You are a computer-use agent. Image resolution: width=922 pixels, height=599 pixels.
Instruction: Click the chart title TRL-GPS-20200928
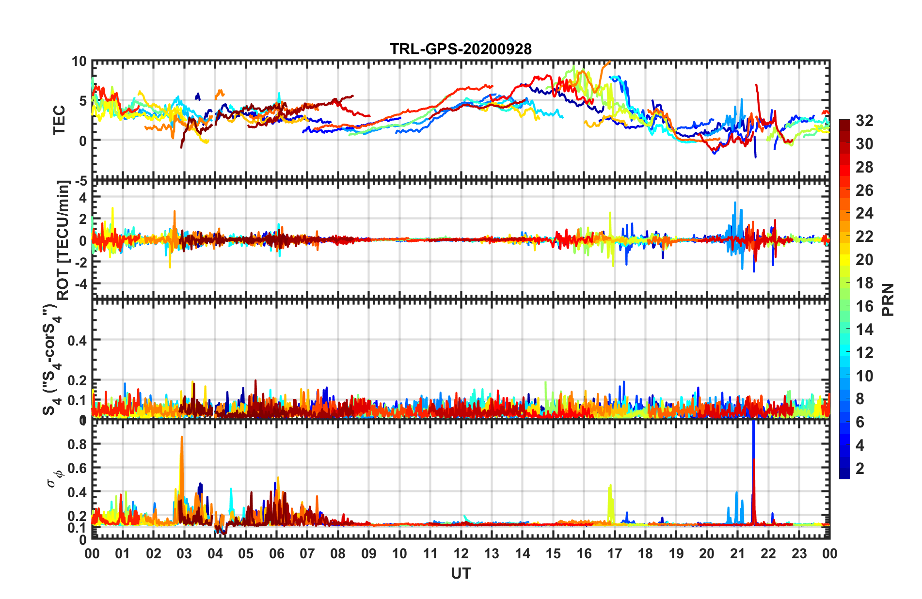pyautogui.click(x=461, y=49)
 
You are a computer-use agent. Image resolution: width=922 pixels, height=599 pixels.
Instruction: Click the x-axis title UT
pyautogui.click(x=461, y=574)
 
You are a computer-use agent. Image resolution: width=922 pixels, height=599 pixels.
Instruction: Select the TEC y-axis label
pyautogui.click(x=59, y=120)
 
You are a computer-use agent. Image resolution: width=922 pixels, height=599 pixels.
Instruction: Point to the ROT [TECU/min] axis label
pyautogui.click(x=64, y=240)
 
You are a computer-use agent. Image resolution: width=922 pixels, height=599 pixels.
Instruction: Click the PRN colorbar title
pyautogui.click(x=888, y=300)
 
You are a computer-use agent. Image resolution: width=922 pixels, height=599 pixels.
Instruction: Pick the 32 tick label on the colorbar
pyautogui.click(x=864, y=121)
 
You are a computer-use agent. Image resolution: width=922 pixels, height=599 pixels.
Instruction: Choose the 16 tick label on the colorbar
pyautogui.click(x=864, y=306)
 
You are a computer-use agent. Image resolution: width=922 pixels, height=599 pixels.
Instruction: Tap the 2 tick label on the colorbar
pyautogui.click(x=860, y=469)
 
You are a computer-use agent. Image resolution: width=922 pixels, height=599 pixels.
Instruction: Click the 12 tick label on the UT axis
pyautogui.click(x=461, y=554)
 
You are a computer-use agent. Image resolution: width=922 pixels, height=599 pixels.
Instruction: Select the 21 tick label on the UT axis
pyautogui.click(x=737, y=554)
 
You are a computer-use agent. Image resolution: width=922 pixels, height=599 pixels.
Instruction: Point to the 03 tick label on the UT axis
pyautogui.click(x=184, y=554)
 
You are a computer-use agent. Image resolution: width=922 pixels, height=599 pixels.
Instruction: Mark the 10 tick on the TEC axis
pyautogui.click(x=79, y=62)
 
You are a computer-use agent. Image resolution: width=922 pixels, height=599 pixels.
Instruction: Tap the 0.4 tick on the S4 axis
pyautogui.click(x=77, y=341)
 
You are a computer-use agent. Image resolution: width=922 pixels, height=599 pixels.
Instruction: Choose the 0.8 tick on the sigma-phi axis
pyautogui.click(x=77, y=444)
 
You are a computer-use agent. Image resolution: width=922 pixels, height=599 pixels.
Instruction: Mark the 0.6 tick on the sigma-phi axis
pyautogui.click(x=77, y=468)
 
